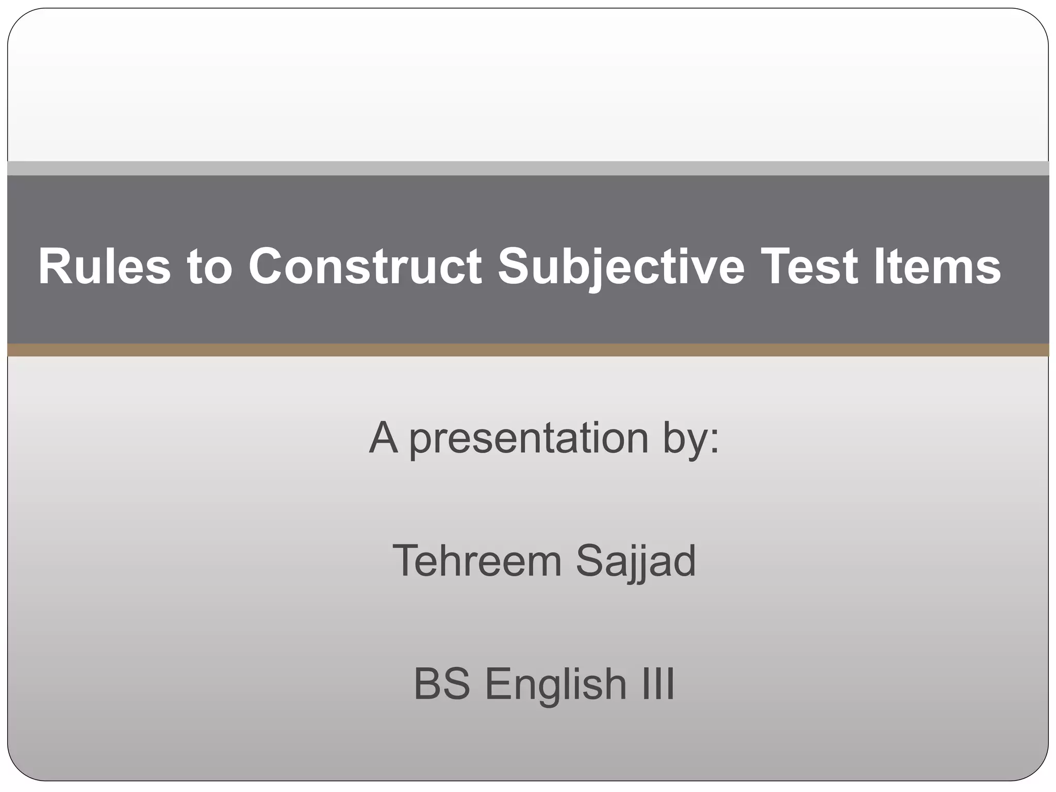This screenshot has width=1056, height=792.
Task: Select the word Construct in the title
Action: click(x=365, y=267)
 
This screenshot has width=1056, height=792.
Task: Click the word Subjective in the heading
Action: click(x=621, y=267)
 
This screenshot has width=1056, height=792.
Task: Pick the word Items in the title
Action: click(x=937, y=267)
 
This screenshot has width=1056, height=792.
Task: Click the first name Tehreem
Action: click(x=477, y=560)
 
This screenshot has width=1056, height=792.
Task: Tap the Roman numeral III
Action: click(x=657, y=684)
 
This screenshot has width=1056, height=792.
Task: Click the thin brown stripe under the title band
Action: click(x=528, y=350)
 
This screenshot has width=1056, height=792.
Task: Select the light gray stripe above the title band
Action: click(x=528, y=168)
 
